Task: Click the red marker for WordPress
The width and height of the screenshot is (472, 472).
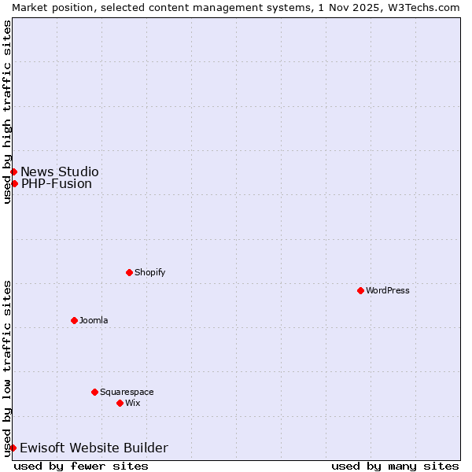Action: (360, 290)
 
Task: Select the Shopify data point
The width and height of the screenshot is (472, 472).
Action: (129, 272)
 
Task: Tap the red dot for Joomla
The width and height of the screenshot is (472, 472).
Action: (74, 320)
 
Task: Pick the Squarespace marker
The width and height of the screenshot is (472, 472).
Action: (94, 392)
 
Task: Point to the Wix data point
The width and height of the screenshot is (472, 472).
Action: (120, 403)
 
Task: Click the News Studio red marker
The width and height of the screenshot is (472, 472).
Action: (13, 171)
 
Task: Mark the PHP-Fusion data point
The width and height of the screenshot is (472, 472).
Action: (14, 183)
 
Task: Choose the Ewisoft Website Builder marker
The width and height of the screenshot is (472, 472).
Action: (13, 448)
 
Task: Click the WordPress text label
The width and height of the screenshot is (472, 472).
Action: (388, 290)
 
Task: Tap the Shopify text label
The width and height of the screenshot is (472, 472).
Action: (149, 272)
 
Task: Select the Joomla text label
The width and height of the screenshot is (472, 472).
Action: (94, 320)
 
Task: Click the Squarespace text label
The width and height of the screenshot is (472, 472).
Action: (127, 392)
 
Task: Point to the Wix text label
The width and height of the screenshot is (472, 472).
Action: (132, 403)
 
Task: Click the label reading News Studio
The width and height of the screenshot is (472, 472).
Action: (60, 171)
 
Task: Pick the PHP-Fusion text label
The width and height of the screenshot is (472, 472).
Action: (57, 184)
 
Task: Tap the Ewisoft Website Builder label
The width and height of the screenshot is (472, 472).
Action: (94, 448)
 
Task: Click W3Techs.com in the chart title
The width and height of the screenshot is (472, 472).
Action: (423, 6)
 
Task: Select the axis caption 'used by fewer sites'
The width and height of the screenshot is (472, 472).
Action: (81, 466)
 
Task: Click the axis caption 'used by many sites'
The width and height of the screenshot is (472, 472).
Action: (395, 466)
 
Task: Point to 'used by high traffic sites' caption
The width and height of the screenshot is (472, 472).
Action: (7, 112)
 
